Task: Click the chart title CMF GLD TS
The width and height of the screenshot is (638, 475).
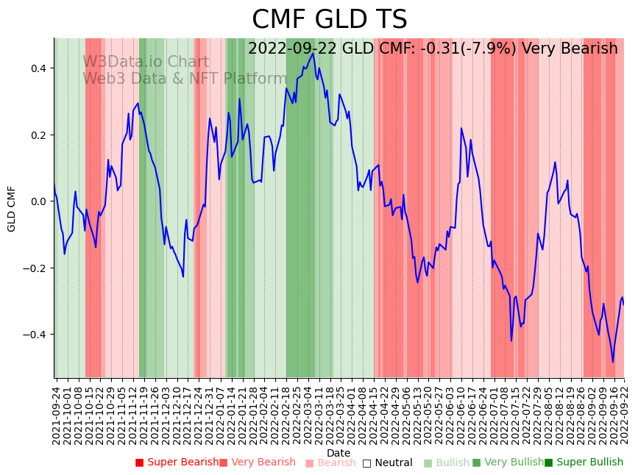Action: (x=329, y=20)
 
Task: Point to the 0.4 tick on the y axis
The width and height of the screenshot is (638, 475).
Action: (x=38, y=68)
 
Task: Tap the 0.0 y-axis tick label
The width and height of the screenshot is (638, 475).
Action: (x=38, y=201)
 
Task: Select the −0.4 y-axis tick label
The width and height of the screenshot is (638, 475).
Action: (x=35, y=335)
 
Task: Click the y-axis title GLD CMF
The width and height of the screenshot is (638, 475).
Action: (x=12, y=209)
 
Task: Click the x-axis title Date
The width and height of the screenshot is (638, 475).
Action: (x=339, y=453)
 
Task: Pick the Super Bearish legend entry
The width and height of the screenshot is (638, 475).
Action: (x=177, y=463)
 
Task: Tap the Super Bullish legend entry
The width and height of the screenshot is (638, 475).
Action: (x=584, y=463)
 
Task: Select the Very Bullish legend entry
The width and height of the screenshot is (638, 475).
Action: (x=508, y=463)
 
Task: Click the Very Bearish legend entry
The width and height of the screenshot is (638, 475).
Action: (x=257, y=463)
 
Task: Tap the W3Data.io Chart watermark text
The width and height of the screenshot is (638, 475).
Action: (x=146, y=63)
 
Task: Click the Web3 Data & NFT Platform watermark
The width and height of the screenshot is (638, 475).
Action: (x=185, y=79)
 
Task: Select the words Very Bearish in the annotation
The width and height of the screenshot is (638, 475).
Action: (x=570, y=49)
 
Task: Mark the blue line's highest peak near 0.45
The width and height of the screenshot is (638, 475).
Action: (x=313, y=53)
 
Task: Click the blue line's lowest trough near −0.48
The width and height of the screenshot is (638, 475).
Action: (x=612, y=362)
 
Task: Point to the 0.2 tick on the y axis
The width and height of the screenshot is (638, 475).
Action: (x=38, y=135)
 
